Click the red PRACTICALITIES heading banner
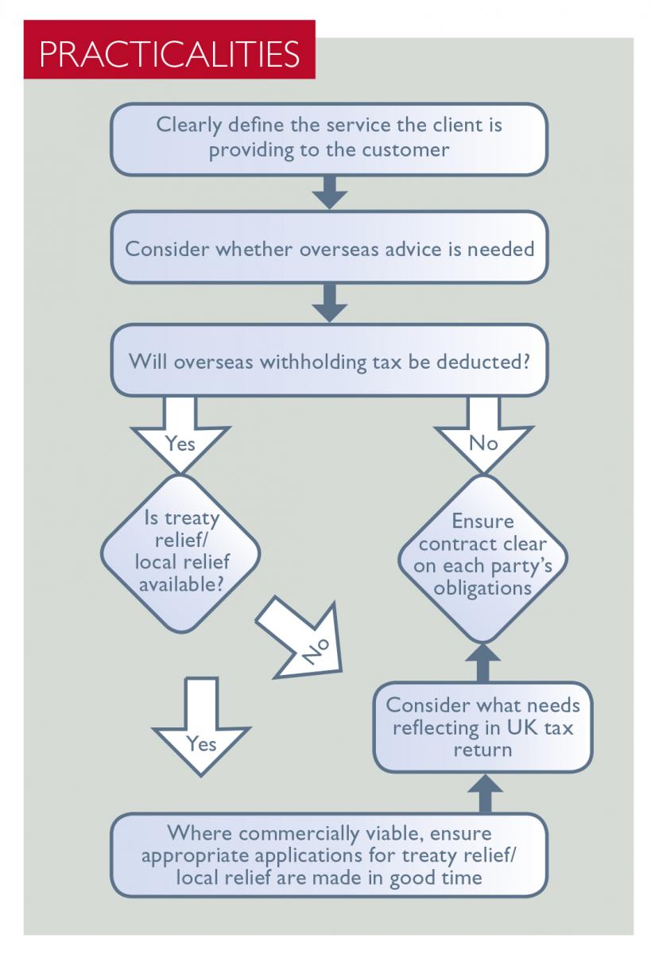point(169,54)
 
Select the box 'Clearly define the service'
point(328,138)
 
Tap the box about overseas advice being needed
point(328,247)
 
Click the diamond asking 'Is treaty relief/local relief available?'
point(180,553)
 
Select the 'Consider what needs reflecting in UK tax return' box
point(482,727)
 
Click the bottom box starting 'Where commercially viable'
point(328,855)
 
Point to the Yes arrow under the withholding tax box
point(180,433)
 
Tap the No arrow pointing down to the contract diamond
point(482,433)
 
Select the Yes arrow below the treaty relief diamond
point(201,727)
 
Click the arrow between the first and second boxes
point(328,192)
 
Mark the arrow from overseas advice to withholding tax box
point(328,301)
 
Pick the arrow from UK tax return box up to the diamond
point(482,661)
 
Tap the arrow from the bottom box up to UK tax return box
point(482,792)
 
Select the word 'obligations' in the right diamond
point(482,589)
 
